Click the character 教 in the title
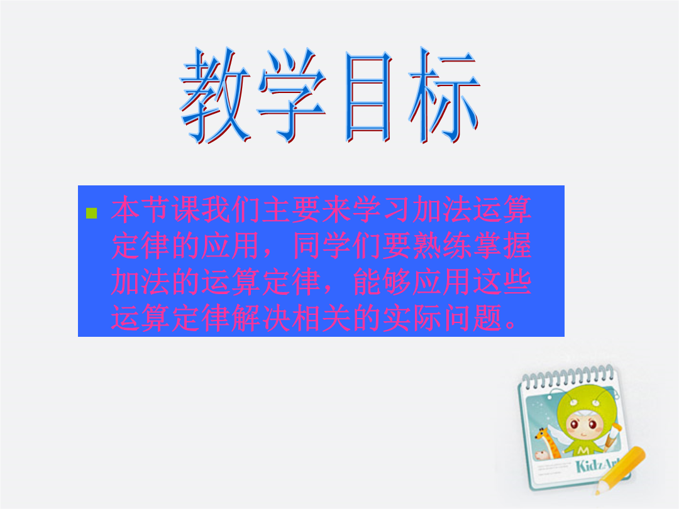pos(215,96)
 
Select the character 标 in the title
pos(444,96)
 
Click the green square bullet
pos(91,213)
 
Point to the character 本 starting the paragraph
pos(126,209)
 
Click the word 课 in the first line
pos(186,209)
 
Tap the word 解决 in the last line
pos(262,318)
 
